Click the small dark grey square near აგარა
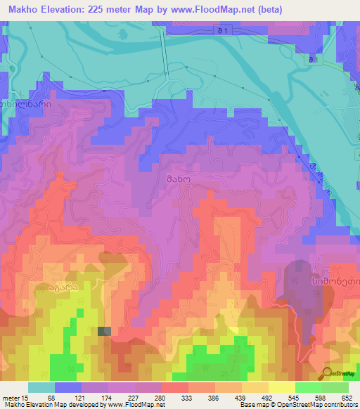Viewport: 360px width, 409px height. [x=104, y=331]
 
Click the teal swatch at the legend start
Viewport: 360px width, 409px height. [x=41, y=387]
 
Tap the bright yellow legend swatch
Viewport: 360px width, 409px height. [x=281, y=387]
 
